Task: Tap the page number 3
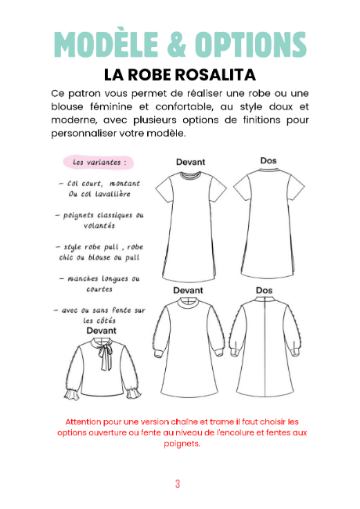[178, 483]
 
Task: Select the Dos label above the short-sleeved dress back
[268, 161]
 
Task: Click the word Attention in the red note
[81, 421]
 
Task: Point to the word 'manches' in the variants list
[87, 278]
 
